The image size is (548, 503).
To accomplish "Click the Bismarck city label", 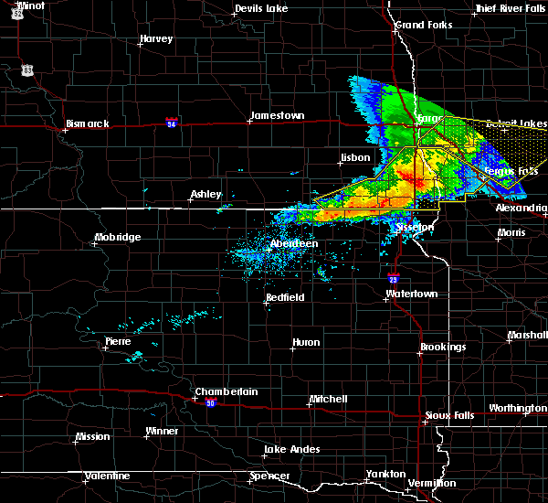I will coord(88,123).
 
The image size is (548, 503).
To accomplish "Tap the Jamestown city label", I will coord(277,116).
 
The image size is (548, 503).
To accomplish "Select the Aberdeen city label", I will coord(294,243).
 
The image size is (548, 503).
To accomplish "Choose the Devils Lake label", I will coord(261,8).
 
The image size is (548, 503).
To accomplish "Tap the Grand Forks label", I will coord(424,25).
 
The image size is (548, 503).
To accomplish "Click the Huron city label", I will coord(305,343).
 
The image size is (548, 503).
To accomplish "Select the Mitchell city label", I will coord(328,399).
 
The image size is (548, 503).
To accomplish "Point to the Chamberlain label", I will coord(226,391).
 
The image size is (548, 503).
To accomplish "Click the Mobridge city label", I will coord(118,238).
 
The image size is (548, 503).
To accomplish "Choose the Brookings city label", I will coord(443,348).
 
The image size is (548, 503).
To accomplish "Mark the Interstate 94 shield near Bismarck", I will coord(172,121).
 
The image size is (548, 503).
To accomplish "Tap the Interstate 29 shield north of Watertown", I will coord(393,279).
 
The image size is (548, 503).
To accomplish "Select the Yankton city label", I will coord(385,474).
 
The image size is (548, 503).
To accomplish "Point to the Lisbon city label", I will coord(354,157).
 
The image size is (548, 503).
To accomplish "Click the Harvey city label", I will coord(156,39).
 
